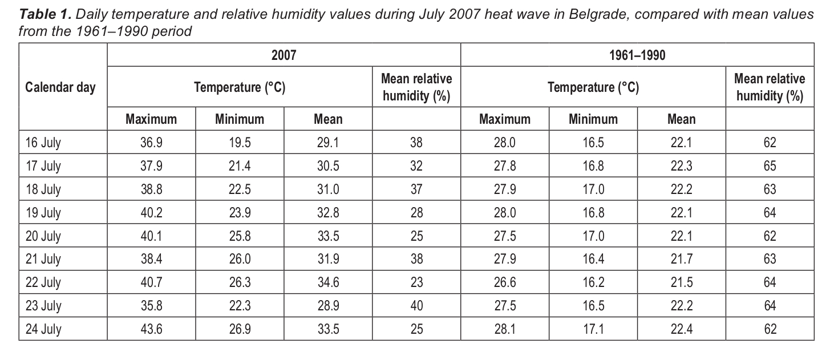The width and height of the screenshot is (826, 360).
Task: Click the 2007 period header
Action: (284, 55)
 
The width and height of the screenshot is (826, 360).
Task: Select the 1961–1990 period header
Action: (637, 55)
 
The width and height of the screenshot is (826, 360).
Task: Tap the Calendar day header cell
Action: (61, 87)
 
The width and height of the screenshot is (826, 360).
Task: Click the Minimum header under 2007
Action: (240, 119)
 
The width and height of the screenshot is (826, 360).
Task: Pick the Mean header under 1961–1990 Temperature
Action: (681, 119)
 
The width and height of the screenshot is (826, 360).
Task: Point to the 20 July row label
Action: (43, 236)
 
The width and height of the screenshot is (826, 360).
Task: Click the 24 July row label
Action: (43, 329)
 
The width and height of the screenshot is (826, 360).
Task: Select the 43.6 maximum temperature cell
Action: (151, 329)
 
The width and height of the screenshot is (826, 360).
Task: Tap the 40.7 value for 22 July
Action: (151, 282)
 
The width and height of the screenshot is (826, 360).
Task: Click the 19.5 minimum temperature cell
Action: (240, 143)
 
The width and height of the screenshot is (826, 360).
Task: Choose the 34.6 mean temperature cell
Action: (328, 282)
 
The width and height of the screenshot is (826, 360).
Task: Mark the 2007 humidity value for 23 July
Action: (416, 306)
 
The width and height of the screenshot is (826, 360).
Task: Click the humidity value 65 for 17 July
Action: (770, 166)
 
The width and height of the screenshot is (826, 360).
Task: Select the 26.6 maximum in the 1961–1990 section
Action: (505, 282)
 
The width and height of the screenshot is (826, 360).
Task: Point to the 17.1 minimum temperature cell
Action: (593, 329)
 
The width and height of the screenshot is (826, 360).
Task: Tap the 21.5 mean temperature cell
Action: (681, 282)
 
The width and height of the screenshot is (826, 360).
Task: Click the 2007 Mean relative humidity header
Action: (416, 87)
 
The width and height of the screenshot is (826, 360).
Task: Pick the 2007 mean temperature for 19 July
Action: (328, 213)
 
